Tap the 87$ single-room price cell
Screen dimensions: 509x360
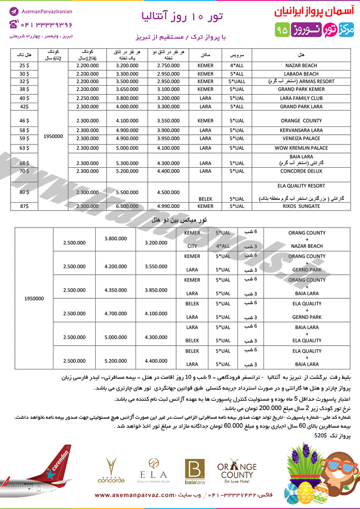(24, 206)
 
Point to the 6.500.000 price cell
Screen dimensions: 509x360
(127, 206)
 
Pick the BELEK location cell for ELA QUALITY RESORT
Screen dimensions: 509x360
(205, 199)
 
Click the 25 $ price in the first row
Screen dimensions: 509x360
(24, 65)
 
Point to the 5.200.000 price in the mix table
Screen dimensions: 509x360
(115, 360)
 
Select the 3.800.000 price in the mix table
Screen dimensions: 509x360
(115, 238)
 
